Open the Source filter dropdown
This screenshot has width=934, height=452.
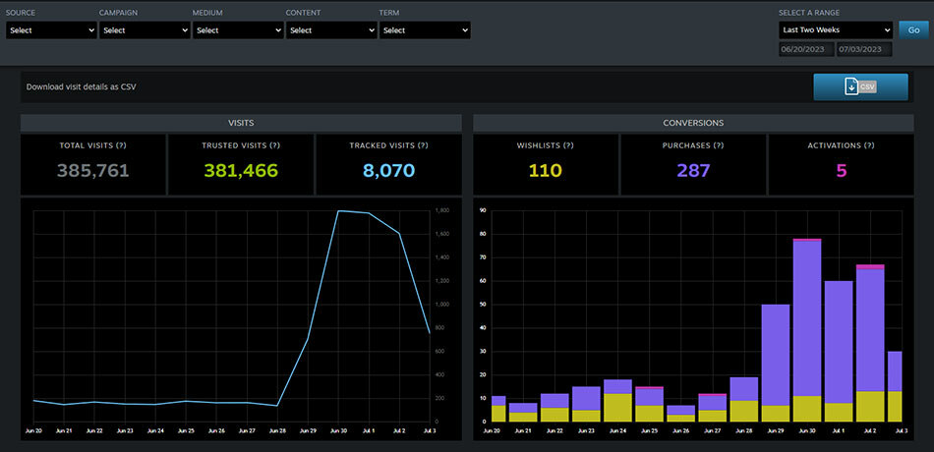[x=51, y=30]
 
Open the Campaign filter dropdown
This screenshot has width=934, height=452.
[x=145, y=30]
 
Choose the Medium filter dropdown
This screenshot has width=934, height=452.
[x=236, y=30]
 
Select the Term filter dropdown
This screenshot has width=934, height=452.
[x=425, y=30]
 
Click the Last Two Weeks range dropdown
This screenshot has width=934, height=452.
[x=834, y=29]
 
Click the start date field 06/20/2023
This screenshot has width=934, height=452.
[x=805, y=49]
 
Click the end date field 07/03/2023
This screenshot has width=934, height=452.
[x=863, y=49]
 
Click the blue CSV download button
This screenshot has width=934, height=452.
[x=860, y=87]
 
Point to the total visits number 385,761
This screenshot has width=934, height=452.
[x=93, y=171]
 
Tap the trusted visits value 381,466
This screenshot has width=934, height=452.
[x=241, y=171]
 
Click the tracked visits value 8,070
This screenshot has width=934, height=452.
[x=388, y=171]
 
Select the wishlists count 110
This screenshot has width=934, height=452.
[x=545, y=171]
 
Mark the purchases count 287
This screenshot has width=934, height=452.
[x=693, y=171]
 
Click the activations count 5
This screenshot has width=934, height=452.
[x=841, y=171]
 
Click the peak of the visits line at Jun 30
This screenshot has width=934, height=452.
[x=339, y=210]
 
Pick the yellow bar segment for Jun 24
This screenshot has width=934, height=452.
[x=617, y=408]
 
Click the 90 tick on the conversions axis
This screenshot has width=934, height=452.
[x=484, y=210]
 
